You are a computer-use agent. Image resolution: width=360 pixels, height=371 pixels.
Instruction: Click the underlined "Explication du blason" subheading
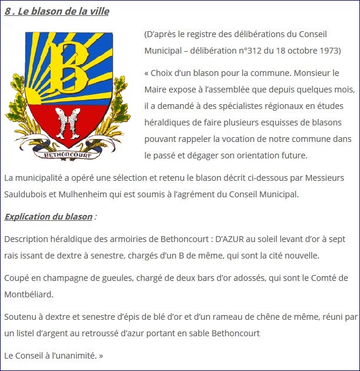48,216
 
